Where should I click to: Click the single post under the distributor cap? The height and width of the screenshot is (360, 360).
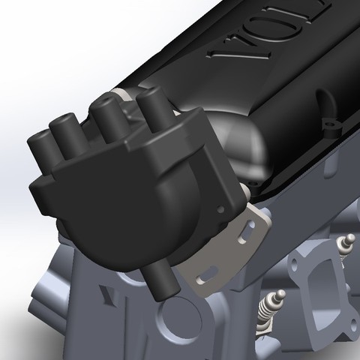(160, 279)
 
